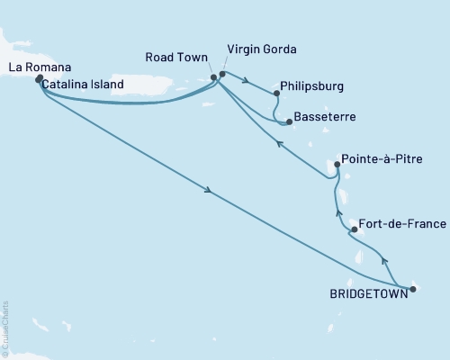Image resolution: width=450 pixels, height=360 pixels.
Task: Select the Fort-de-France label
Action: [x=399, y=223]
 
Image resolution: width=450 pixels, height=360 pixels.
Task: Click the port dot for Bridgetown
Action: [x=413, y=289]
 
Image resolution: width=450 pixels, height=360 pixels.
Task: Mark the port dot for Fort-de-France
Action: [x=354, y=229]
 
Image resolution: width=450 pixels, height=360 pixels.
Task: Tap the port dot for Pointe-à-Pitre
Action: [x=337, y=165]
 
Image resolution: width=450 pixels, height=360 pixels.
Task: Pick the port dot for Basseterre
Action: [x=288, y=121]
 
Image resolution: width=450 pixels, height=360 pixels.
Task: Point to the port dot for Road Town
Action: [x=213, y=77]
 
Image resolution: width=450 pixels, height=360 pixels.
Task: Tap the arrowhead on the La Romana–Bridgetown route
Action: [x=209, y=190]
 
